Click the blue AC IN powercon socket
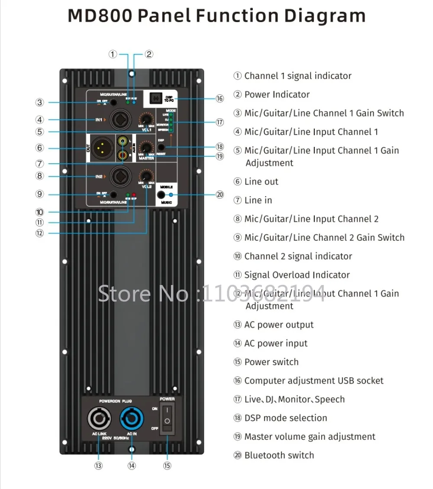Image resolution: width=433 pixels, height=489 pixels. (131, 419)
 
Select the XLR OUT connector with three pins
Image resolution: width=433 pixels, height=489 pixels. (102, 148)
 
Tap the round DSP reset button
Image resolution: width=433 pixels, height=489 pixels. (161, 147)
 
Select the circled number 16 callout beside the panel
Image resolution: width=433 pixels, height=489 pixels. (220, 99)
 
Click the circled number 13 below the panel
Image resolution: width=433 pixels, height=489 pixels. (98, 466)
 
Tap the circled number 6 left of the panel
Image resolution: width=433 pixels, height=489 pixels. (40, 148)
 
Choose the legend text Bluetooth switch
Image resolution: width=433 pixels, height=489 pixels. (279, 455)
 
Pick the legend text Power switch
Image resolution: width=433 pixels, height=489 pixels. (271, 362)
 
